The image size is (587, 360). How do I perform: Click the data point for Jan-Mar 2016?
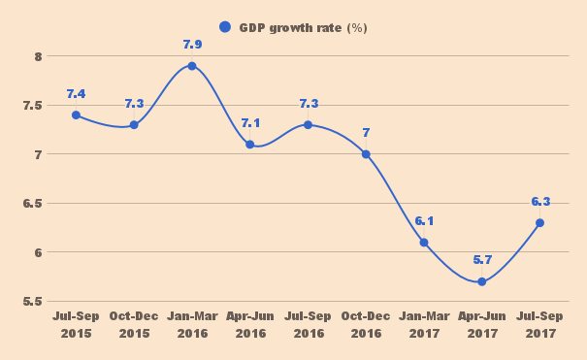192,66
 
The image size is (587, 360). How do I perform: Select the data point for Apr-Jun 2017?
481,281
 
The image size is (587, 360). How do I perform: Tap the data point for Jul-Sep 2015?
76,115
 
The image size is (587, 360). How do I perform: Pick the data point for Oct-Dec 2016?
366,154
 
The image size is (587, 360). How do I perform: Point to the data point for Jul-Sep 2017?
539,222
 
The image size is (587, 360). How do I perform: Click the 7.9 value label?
192,45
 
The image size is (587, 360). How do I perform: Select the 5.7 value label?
481,260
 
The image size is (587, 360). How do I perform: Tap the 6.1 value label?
424,221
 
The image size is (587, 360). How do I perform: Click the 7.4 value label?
76,94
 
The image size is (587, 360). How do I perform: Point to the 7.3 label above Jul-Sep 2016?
308,104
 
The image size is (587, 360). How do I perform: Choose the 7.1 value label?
250,123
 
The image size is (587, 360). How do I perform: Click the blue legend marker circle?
225,27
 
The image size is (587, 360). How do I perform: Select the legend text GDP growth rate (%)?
303,27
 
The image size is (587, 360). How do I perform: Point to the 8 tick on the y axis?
38,56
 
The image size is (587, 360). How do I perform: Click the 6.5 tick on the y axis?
34,204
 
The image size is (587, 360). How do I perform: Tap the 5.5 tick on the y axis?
34,302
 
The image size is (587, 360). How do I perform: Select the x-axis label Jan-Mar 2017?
424,325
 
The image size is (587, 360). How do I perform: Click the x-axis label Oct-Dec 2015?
134,325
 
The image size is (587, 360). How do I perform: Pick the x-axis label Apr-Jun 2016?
250,325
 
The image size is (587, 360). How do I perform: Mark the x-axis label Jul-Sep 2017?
539,325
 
